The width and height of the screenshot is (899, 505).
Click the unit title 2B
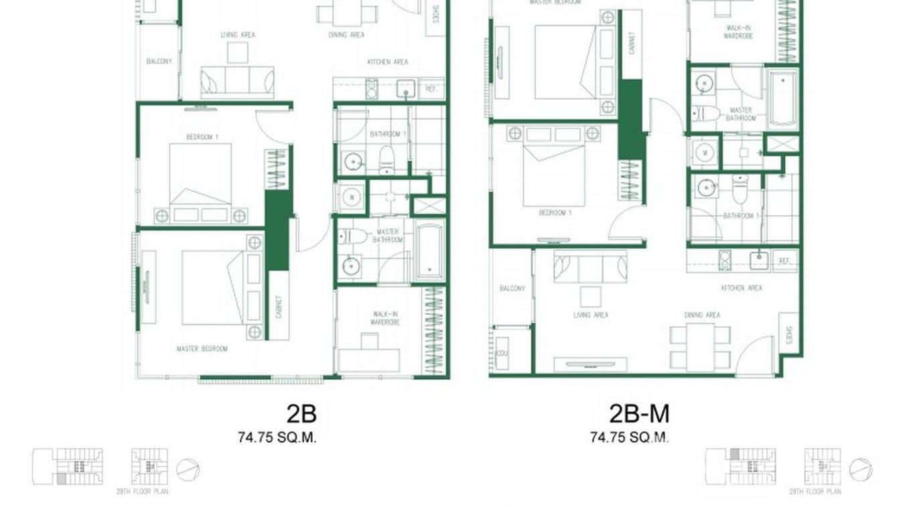point(301,415)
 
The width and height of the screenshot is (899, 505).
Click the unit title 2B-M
point(638,415)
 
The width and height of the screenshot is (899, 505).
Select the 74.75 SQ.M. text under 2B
point(277,438)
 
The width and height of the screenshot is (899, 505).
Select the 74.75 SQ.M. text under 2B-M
point(629,438)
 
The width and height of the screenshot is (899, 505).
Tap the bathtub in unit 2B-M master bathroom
point(782,98)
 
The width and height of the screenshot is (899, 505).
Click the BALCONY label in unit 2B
point(159,62)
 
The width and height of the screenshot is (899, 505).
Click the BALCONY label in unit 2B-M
point(512,289)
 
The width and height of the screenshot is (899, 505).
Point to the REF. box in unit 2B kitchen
point(431,88)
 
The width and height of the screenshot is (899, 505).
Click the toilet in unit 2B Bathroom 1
point(387,159)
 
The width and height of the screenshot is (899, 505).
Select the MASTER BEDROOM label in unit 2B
point(202,349)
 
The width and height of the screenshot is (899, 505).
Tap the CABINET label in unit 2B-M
point(631,44)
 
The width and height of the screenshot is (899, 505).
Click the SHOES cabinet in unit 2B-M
point(788,335)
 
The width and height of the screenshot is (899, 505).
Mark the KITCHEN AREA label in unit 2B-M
point(741,289)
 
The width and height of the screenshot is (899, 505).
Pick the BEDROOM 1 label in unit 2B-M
point(555,213)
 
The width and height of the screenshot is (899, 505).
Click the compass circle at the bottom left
point(188,469)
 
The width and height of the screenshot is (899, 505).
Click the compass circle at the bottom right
point(861,469)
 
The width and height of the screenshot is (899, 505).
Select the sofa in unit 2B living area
point(237,82)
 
